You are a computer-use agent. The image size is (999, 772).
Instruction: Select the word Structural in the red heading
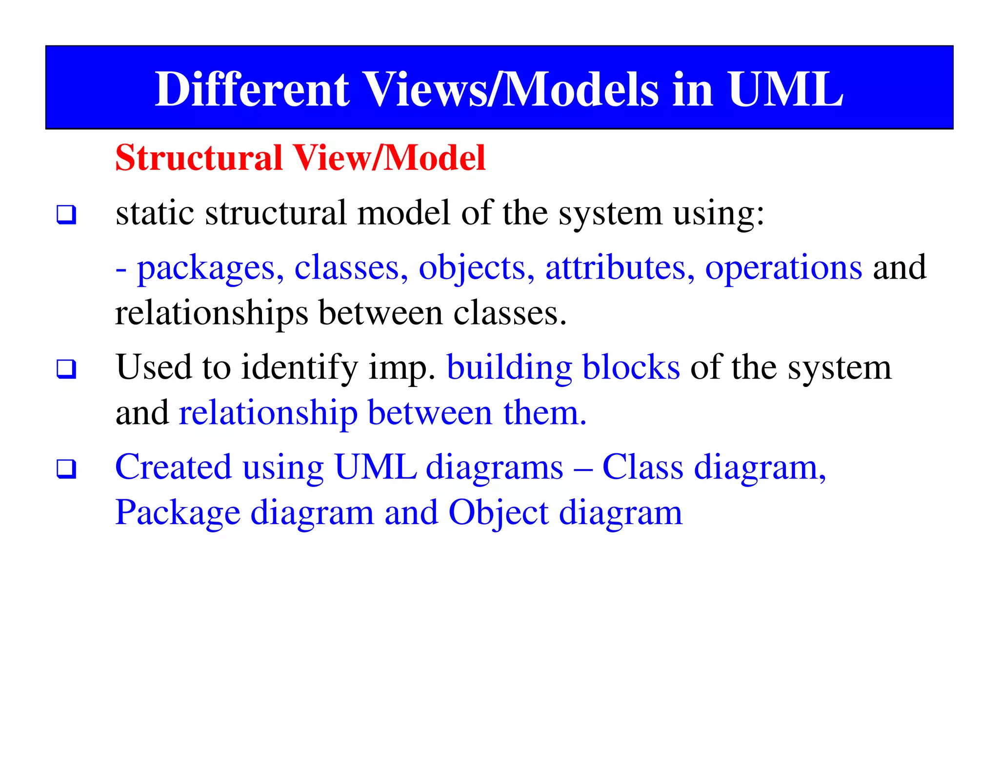199,158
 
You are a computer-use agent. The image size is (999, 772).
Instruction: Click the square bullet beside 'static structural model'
66,215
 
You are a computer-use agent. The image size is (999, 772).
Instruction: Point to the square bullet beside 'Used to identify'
66,369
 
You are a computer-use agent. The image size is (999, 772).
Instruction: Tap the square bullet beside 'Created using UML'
66,469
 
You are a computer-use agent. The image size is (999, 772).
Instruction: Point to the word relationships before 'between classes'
212,313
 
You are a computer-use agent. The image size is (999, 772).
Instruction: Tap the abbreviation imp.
401,368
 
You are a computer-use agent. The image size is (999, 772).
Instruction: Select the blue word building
509,368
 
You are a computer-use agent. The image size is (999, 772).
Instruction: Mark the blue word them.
544,413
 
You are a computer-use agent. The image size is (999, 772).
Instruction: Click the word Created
173,467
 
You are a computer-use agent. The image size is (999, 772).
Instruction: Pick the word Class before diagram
642,467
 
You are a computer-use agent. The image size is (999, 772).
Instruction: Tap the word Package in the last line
178,513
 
